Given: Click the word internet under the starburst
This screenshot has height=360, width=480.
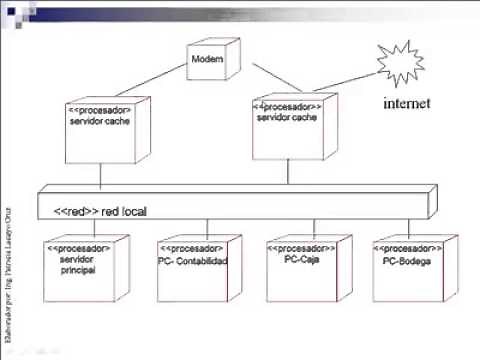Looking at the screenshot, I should point(407,103).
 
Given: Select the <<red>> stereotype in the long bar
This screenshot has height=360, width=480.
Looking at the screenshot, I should point(76,211).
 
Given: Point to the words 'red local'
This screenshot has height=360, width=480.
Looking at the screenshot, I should point(127,211).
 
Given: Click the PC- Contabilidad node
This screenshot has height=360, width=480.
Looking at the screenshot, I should point(193,262).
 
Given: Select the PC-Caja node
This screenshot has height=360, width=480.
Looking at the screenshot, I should point(301,262).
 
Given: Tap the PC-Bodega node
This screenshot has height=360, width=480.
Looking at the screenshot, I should point(410,262).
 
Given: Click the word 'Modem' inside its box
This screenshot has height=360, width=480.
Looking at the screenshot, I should point(207,60).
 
